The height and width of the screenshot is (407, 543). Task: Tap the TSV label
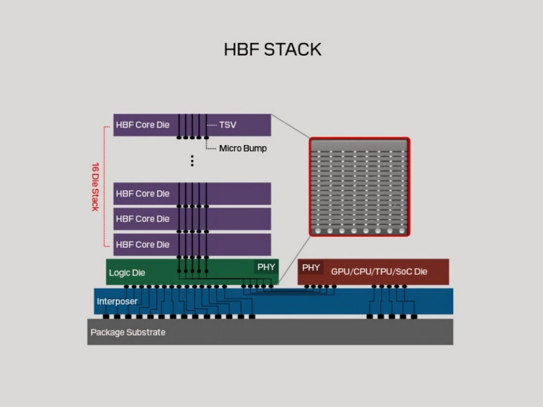(227, 125)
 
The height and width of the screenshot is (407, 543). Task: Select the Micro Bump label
(243, 148)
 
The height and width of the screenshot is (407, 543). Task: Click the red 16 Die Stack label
(95, 187)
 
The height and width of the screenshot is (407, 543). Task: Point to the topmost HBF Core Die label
(143, 125)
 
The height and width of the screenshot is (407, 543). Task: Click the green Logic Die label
(127, 273)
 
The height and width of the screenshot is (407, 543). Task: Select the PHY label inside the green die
(266, 267)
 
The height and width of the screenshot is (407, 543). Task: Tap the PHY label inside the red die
(311, 268)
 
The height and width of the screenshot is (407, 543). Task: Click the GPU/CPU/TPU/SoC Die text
(379, 271)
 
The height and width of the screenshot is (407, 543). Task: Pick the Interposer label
(117, 302)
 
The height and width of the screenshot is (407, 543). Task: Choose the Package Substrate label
(128, 332)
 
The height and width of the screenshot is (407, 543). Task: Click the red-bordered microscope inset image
(359, 187)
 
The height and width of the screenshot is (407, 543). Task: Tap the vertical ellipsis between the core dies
(192, 161)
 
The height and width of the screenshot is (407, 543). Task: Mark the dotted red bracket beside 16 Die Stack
(103, 187)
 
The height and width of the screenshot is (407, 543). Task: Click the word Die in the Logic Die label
(137, 273)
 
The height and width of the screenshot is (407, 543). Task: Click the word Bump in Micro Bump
(255, 148)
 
